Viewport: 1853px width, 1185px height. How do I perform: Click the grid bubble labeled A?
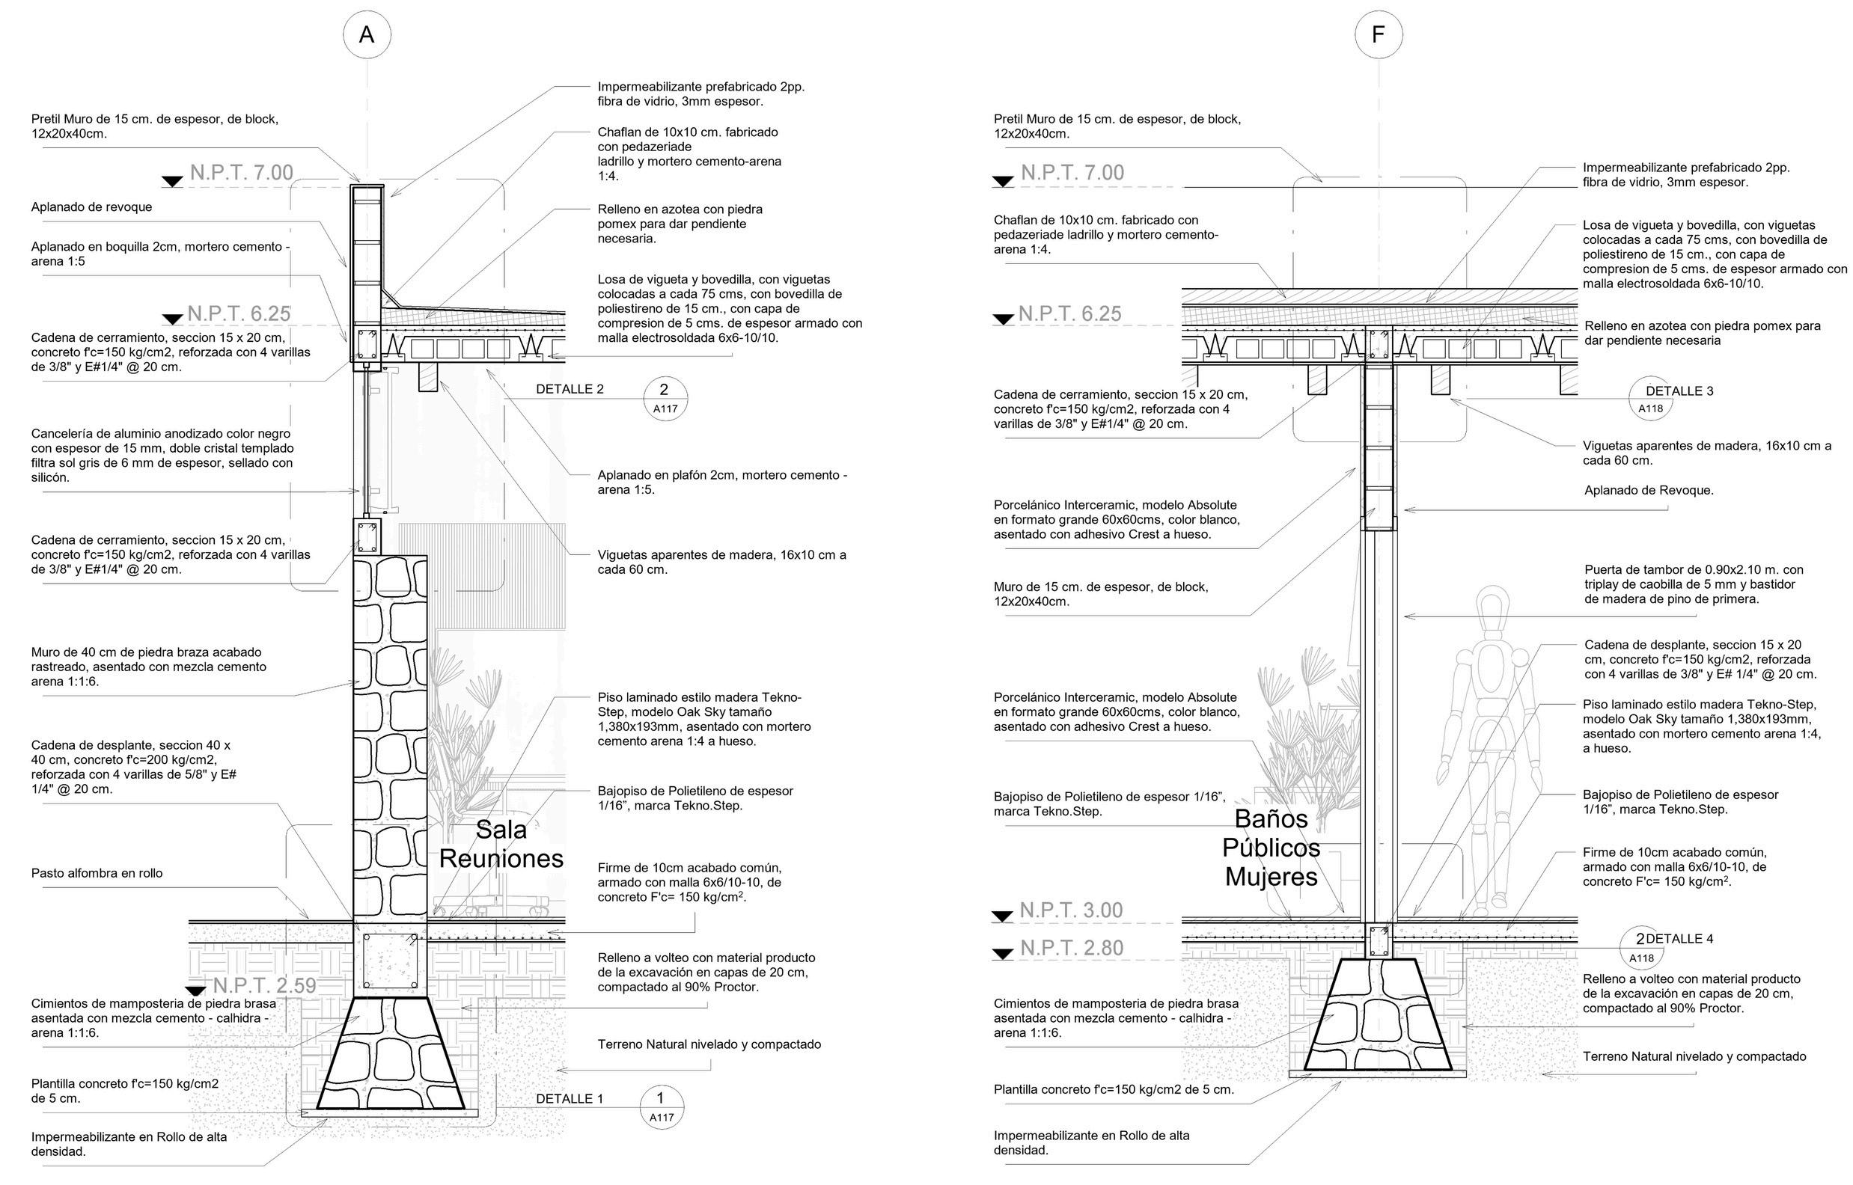point(366,35)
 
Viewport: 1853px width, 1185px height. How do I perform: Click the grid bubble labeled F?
point(1379,35)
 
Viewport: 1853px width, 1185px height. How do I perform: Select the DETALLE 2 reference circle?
point(665,399)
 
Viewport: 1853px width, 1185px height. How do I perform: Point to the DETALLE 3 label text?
point(1679,391)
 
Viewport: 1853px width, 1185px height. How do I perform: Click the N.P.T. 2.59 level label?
point(264,986)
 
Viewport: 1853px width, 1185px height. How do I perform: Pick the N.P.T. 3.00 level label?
point(1071,910)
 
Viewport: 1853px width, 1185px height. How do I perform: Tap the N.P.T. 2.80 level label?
point(1072,948)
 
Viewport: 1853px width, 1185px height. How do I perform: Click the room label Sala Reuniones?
point(501,844)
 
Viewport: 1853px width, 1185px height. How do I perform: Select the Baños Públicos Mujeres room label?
point(1272,847)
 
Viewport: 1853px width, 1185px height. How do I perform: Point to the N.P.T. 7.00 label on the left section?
point(242,172)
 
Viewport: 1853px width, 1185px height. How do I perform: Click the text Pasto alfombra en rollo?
point(97,873)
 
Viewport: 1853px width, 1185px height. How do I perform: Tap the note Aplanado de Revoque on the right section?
point(1648,490)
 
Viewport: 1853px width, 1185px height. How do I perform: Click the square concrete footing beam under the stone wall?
point(390,959)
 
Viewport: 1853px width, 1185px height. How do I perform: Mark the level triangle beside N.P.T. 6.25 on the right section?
point(1003,319)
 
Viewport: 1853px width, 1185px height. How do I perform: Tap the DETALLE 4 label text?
point(1679,939)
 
